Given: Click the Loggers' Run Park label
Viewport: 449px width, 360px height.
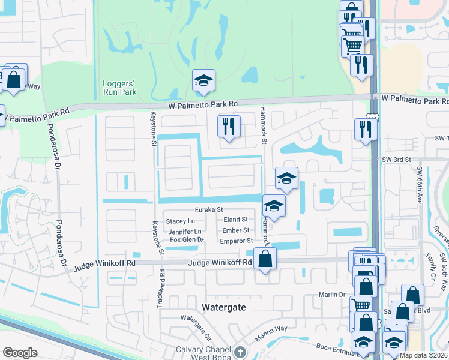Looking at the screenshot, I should (119, 88).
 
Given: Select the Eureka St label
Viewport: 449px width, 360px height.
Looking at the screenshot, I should (208, 209).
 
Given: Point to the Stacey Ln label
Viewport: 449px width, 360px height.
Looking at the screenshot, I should (180, 221).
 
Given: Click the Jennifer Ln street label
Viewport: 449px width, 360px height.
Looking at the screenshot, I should (184, 231).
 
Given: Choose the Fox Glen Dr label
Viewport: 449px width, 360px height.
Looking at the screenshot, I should (187, 240).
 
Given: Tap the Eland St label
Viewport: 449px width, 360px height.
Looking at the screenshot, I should (235, 220).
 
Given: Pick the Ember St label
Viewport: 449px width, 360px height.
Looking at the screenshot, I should (235, 230).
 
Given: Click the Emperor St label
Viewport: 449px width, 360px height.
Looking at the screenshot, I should (236, 241).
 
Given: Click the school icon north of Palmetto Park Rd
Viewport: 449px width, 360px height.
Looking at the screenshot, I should (204, 80).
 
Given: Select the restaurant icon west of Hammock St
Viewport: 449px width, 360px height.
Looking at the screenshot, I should (229, 126).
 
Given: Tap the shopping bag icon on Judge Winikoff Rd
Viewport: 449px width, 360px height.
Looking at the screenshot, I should (265, 259).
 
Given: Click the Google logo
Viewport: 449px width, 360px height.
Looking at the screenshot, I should (20, 353).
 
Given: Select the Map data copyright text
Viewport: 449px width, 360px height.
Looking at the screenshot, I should (423, 355).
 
